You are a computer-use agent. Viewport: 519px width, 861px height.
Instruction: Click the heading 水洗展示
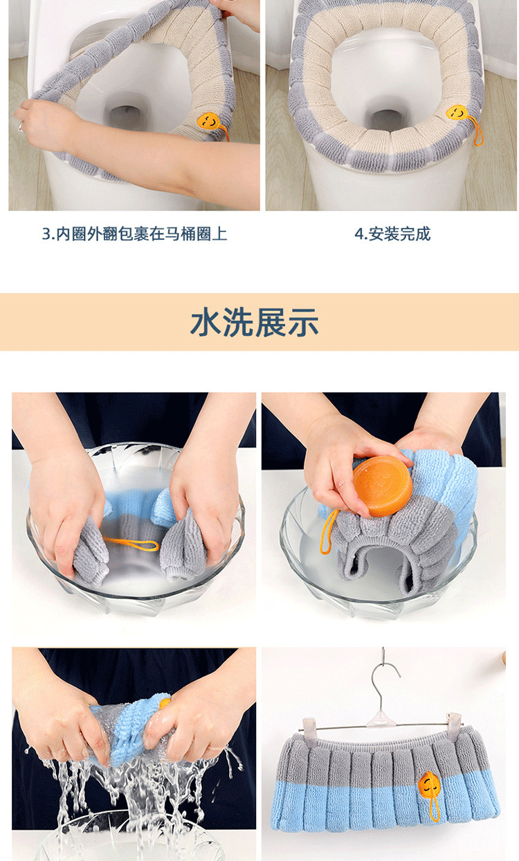[x=255, y=322]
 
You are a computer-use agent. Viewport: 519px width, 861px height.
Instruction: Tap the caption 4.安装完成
[x=392, y=233]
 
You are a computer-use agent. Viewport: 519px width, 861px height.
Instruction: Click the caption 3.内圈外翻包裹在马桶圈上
[x=134, y=233]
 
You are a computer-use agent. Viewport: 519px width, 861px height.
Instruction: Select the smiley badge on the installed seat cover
[x=457, y=112]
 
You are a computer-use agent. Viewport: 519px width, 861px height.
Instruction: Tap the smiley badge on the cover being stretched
[x=208, y=121]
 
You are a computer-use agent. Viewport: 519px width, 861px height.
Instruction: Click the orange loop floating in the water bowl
[x=131, y=544]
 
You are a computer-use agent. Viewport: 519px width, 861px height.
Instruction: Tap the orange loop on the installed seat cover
[x=477, y=132]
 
